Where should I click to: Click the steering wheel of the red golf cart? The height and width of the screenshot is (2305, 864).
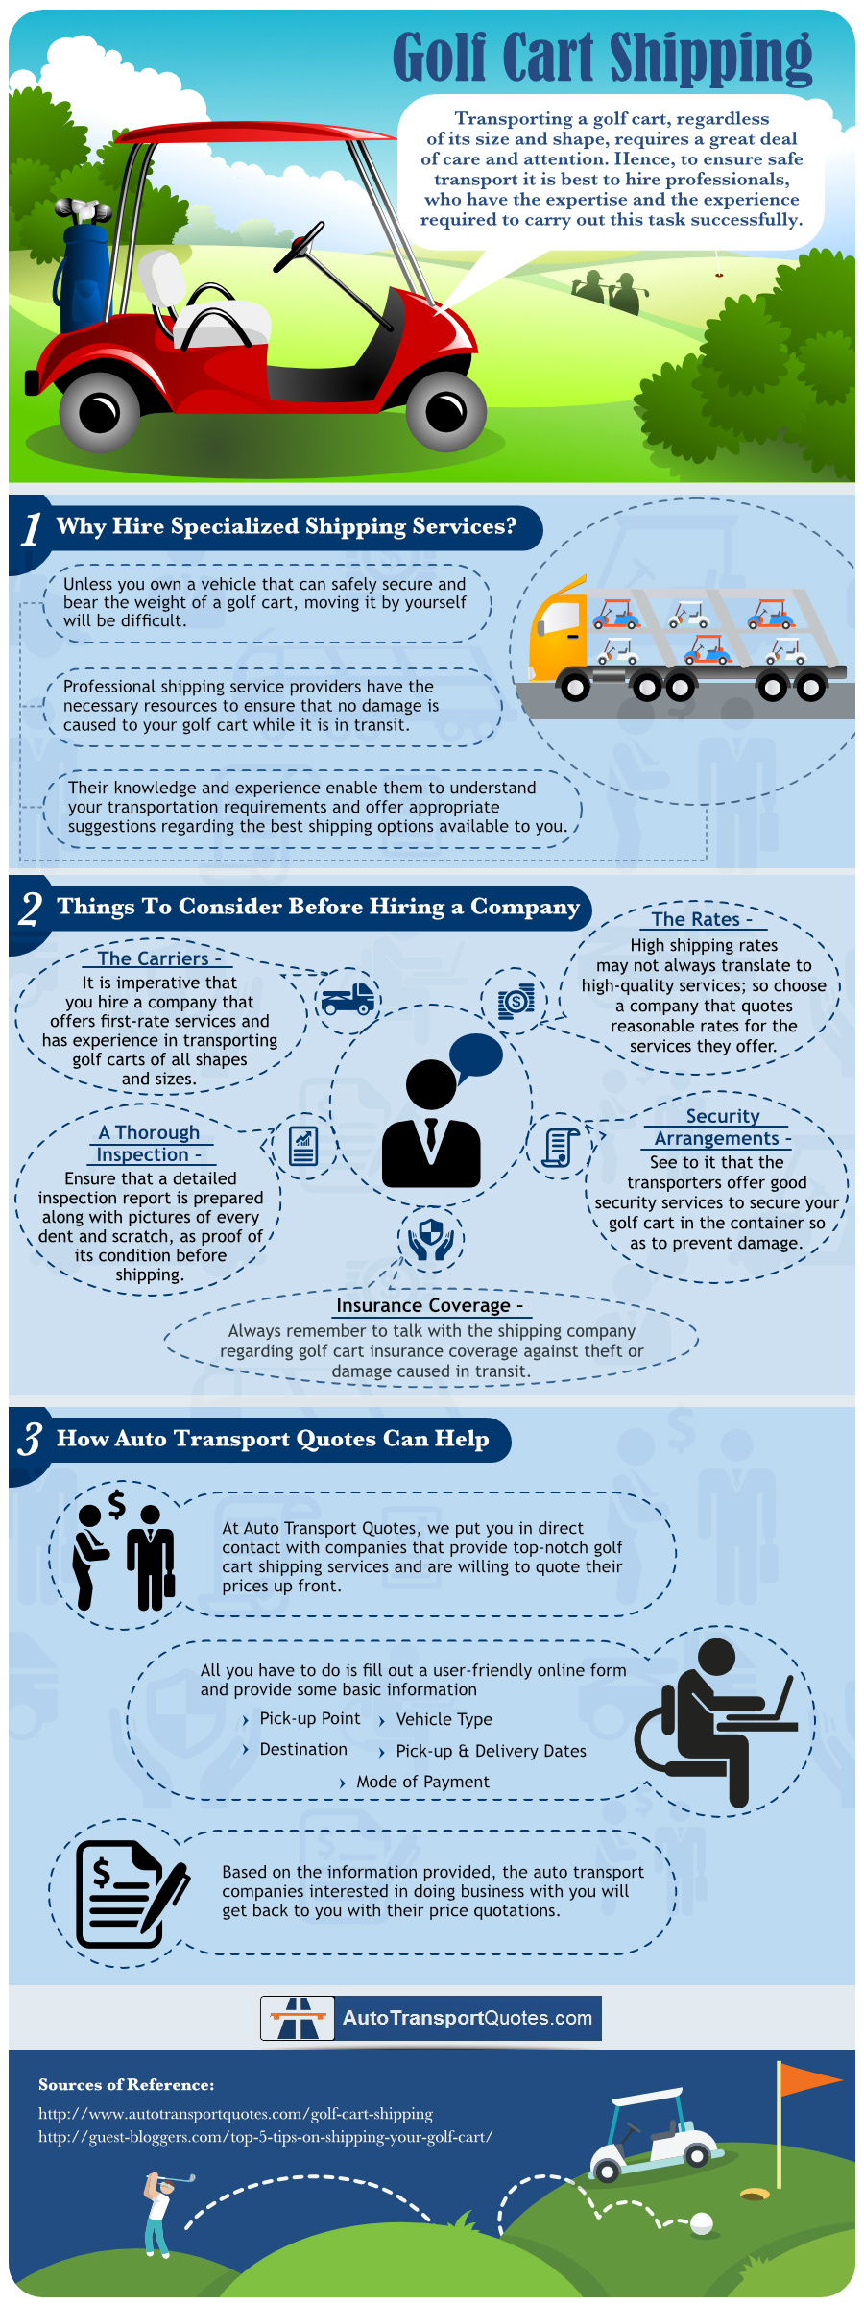tap(300, 247)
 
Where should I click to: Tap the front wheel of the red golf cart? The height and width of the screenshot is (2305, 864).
tap(445, 412)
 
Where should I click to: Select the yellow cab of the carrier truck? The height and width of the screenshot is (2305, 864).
tap(556, 634)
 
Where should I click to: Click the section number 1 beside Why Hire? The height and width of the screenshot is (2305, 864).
tap(32, 528)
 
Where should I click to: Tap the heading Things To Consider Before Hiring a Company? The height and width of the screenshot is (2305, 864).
tap(318, 907)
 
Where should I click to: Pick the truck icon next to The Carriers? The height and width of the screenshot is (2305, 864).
tap(348, 1000)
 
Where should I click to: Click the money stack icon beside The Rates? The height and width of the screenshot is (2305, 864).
tap(516, 1001)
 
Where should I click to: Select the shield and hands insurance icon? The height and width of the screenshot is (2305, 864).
tap(431, 1239)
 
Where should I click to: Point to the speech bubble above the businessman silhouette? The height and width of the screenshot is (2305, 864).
tap(476, 1055)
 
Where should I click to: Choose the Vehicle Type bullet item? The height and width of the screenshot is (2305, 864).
tap(444, 1719)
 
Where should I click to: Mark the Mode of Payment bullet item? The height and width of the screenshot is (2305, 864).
tap(422, 1782)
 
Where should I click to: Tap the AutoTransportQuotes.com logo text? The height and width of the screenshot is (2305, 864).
tap(467, 2017)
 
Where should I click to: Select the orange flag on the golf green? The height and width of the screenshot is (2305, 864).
tap(807, 2079)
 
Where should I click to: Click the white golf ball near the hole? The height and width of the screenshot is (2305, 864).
tap(702, 2222)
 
